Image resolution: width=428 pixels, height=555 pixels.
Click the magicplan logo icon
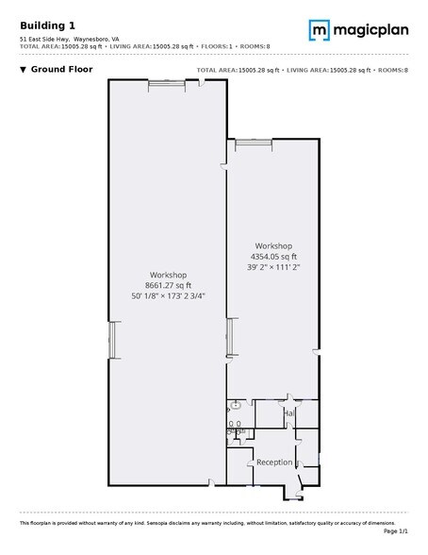point(319,31)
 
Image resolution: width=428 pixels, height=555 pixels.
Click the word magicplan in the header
point(370,31)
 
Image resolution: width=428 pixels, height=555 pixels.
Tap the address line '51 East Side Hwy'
point(44,39)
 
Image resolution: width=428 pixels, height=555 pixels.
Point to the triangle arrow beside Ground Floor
point(22,70)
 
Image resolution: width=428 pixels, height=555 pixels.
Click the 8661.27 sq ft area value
point(168,286)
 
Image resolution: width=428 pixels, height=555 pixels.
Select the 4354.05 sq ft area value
point(273,256)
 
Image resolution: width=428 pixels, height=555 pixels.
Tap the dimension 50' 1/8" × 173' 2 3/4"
point(168,295)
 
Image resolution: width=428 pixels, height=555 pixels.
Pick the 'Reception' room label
point(274,462)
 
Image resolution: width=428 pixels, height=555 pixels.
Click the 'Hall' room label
point(289,413)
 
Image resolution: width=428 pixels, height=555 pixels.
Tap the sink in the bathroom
point(236,405)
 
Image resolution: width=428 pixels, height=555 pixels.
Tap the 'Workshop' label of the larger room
point(168,276)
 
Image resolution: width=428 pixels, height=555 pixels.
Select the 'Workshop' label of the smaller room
point(273,245)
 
